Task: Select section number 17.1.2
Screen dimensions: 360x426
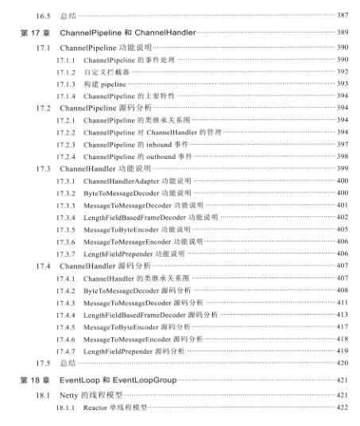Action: point(66,71)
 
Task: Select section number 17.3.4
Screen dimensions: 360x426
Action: point(66,217)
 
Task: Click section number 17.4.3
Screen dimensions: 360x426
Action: point(66,302)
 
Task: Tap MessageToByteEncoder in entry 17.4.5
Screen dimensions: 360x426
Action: point(121,327)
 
